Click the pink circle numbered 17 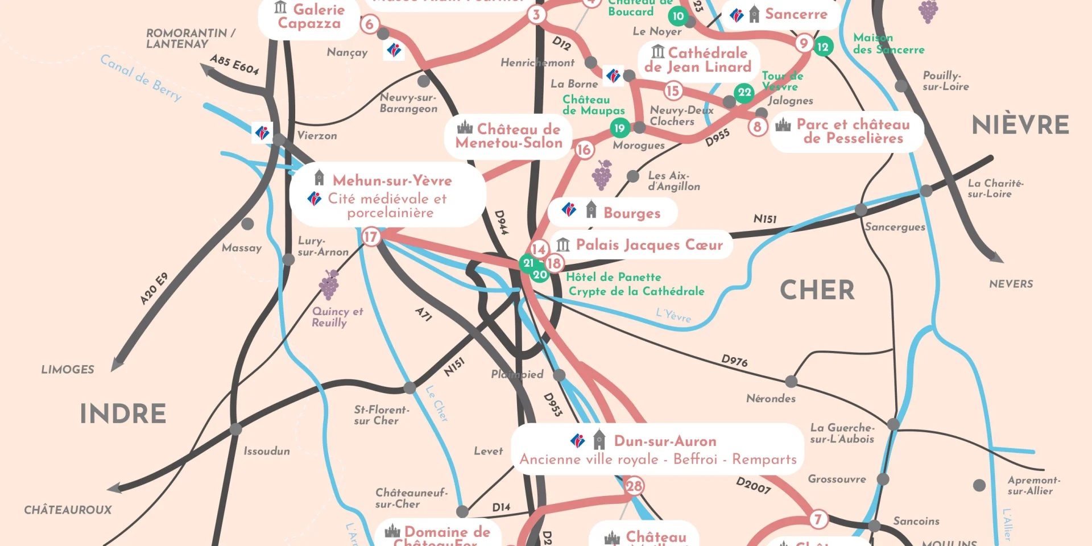[370, 236]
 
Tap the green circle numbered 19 [619, 128]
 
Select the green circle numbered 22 [744, 92]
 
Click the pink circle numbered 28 [634, 486]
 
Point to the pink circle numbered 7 [817, 519]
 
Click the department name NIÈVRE [1020, 125]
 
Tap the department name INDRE [123, 413]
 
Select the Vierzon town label [317, 135]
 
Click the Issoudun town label [267, 451]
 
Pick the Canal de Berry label [141, 77]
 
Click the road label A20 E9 [154, 289]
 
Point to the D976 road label [734, 360]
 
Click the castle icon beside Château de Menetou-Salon [465, 127]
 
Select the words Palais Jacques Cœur [649, 245]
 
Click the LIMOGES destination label [68, 370]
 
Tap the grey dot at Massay [247, 224]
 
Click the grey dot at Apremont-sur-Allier [979, 485]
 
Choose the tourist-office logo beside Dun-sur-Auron [577, 441]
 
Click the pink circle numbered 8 [757, 126]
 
